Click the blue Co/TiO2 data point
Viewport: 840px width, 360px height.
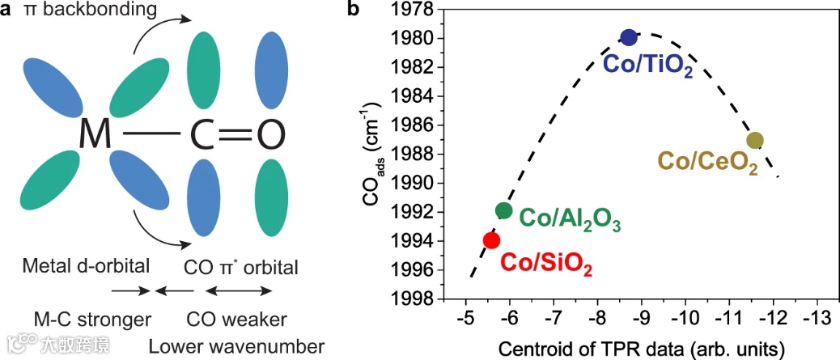(x=629, y=37)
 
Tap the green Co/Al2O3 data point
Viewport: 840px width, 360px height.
(x=504, y=210)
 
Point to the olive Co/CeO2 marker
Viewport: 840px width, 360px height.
(x=755, y=140)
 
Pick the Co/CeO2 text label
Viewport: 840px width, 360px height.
(x=707, y=163)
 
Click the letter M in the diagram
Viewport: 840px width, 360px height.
(x=95, y=134)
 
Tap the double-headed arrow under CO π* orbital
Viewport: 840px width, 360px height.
(x=243, y=289)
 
